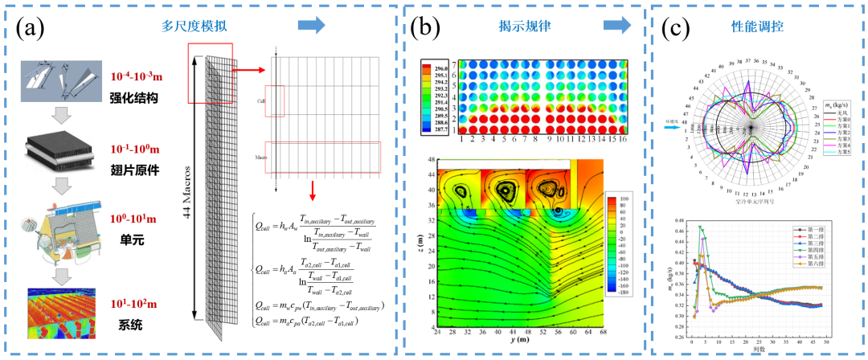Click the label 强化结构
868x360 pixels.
tap(136, 98)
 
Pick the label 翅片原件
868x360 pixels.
tap(136, 170)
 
